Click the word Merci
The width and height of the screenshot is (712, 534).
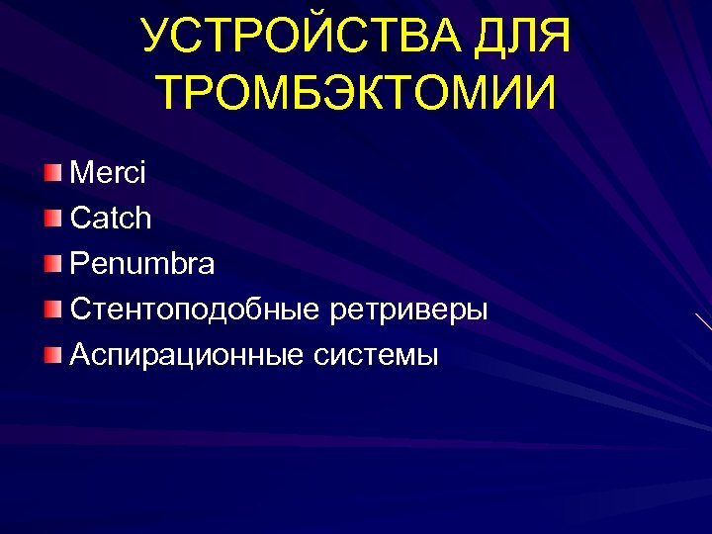click(x=108, y=173)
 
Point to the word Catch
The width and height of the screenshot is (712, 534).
click(x=111, y=219)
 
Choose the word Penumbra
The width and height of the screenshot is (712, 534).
click(x=141, y=264)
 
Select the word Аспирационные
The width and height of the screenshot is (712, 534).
click(x=187, y=356)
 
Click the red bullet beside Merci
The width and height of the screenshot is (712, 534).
click(x=52, y=174)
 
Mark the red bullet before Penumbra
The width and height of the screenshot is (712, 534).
click(x=52, y=265)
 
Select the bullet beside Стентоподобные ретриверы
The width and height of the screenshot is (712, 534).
click(x=52, y=311)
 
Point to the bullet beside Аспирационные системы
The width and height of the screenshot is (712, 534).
click(x=52, y=356)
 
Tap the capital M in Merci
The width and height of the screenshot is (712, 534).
click(x=81, y=173)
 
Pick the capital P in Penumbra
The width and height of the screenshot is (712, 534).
click(x=78, y=264)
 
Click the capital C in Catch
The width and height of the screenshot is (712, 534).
click(x=79, y=219)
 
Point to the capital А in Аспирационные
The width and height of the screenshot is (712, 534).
click(x=80, y=356)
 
